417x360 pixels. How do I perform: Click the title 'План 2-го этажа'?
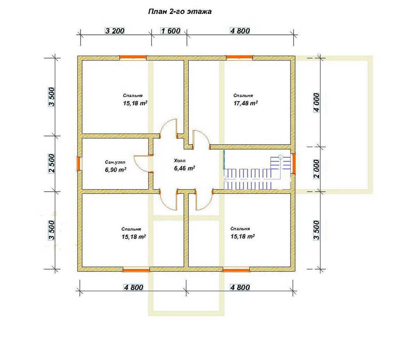click(x=180, y=11)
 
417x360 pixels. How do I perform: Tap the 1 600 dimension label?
click(x=171, y=31)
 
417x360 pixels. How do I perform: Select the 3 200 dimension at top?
click(x=115, y=31)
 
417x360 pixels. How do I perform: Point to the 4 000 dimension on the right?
click(x=317, y=102)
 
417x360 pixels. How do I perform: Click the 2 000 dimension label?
click(x=317, y=169)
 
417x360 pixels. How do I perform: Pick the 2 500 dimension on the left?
click(x=52, y=163)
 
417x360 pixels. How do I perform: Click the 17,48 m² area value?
click(x=246, y=103)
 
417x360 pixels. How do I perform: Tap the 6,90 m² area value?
click(x=116, y=170)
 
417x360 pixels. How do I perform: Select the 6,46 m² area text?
click(x=185, y=168)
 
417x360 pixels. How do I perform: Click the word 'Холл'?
click(x=180, y=161)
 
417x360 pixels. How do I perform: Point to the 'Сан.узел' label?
click(x=115, y=162)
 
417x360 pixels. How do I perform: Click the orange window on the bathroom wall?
click(x=79, y=163)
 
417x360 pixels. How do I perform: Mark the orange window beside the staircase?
click(x=294, y=163)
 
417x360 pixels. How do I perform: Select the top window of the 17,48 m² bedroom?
click(x=239, y=58)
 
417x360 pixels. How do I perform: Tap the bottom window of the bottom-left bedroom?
click(x=136, y=270)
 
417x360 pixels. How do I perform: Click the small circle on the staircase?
click(x=280, y=157)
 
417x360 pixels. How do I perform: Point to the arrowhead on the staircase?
click(x=226, y=179)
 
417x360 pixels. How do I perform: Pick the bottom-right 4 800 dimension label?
click(x=240, y=287)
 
